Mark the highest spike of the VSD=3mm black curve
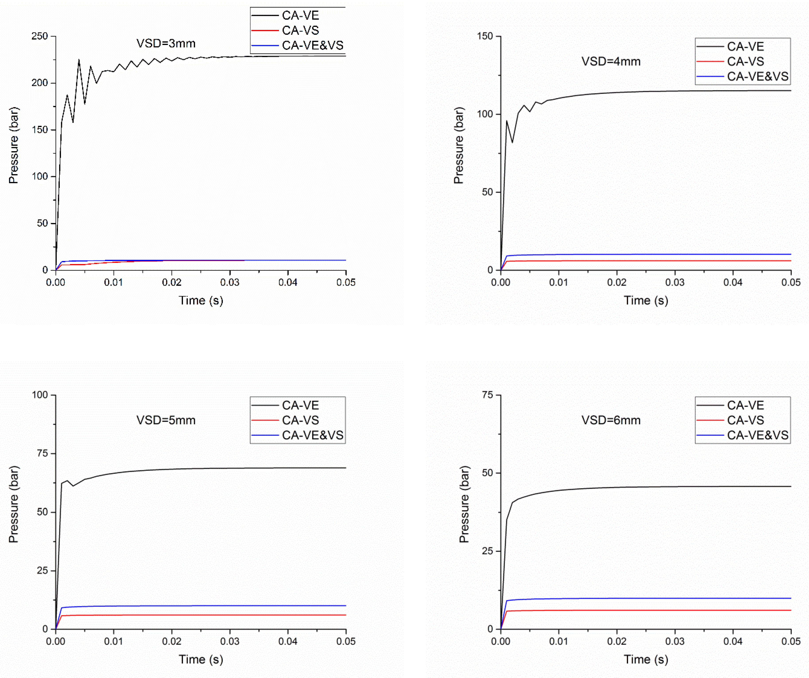79,60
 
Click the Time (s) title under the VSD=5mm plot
201,659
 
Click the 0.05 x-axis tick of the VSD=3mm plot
345,282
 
